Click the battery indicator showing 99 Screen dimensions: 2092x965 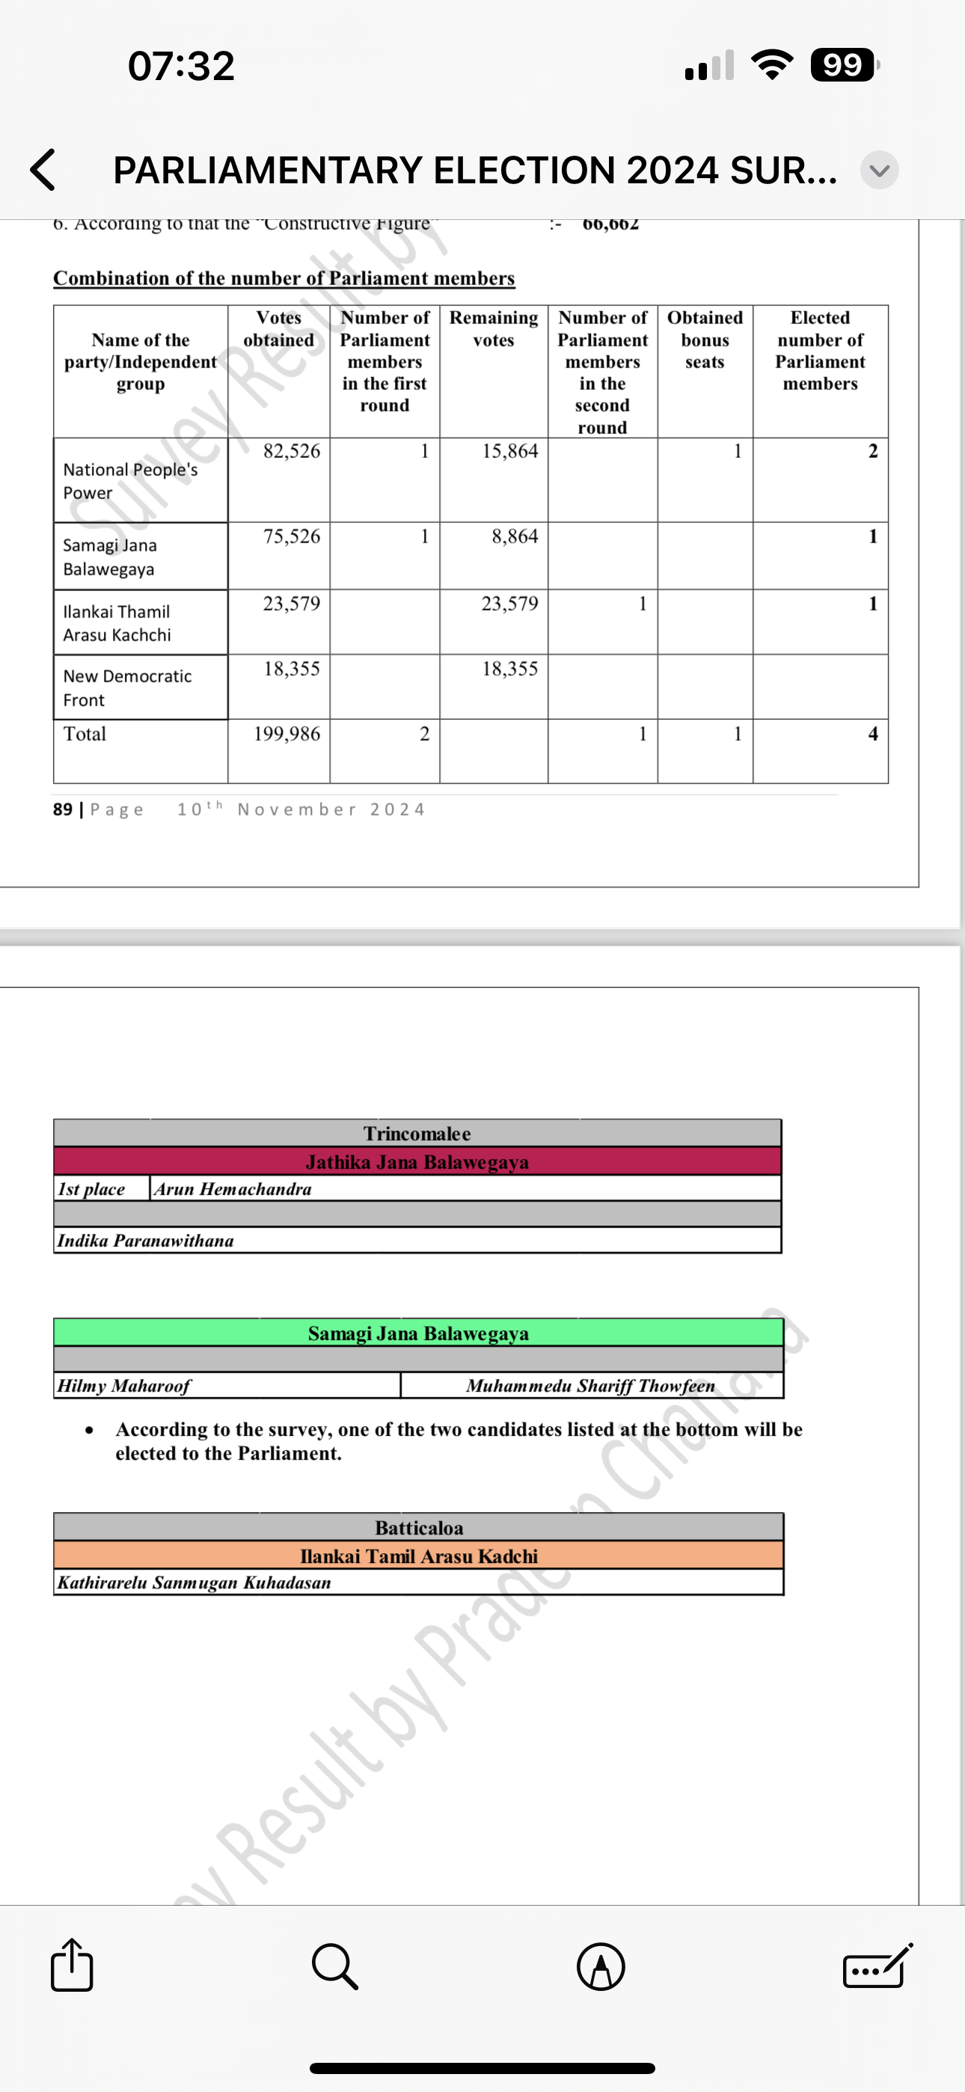(x=843, y=65)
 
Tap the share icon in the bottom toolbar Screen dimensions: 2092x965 (x=72, y=1966)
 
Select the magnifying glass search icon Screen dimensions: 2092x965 (x=334, y=1966)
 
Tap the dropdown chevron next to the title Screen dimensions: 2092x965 (x=879, y=171)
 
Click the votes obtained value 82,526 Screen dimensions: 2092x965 (x=292, y=451)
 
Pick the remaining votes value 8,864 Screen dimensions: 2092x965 (x=514, y=536)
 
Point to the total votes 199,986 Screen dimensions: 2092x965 (x=287, y=734)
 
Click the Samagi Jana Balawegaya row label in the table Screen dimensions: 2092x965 (x=110, y=557)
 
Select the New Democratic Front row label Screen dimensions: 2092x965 (x=127, y=688)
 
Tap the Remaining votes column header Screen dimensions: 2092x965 (x=494, y=329)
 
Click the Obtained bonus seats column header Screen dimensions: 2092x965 (x=705, y=340)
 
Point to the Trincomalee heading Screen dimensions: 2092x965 (x=417, y=1134)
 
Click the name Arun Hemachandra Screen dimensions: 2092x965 (x=233, y=1189)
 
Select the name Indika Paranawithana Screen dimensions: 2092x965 (x=145, y=1241)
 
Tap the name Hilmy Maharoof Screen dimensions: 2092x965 (x=123, y=1386)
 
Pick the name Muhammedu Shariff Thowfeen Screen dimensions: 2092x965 (x=590, y=1386)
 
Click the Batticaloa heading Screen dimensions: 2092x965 (x=419, y=1528)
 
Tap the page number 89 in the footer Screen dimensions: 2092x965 (x=63, y=810)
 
